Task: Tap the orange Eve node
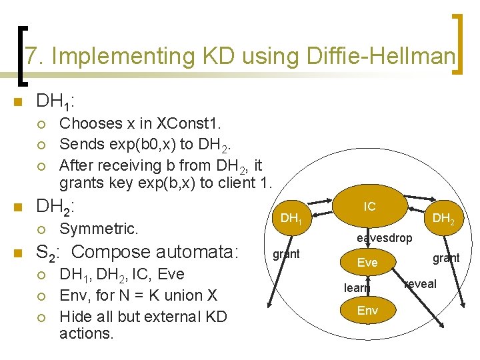(367, 263)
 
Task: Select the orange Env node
(367, 311)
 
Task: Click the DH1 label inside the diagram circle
(291, 218)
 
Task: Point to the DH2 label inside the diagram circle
(443, 218)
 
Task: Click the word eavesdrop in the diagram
(384, 238)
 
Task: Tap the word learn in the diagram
(357, 288)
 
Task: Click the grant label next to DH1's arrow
(287, 253)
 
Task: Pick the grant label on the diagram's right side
(446, 257)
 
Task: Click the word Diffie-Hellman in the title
(381, 57)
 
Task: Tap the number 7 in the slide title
(31, 57)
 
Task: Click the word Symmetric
(99, 229)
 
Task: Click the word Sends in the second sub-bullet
(78, 144)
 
